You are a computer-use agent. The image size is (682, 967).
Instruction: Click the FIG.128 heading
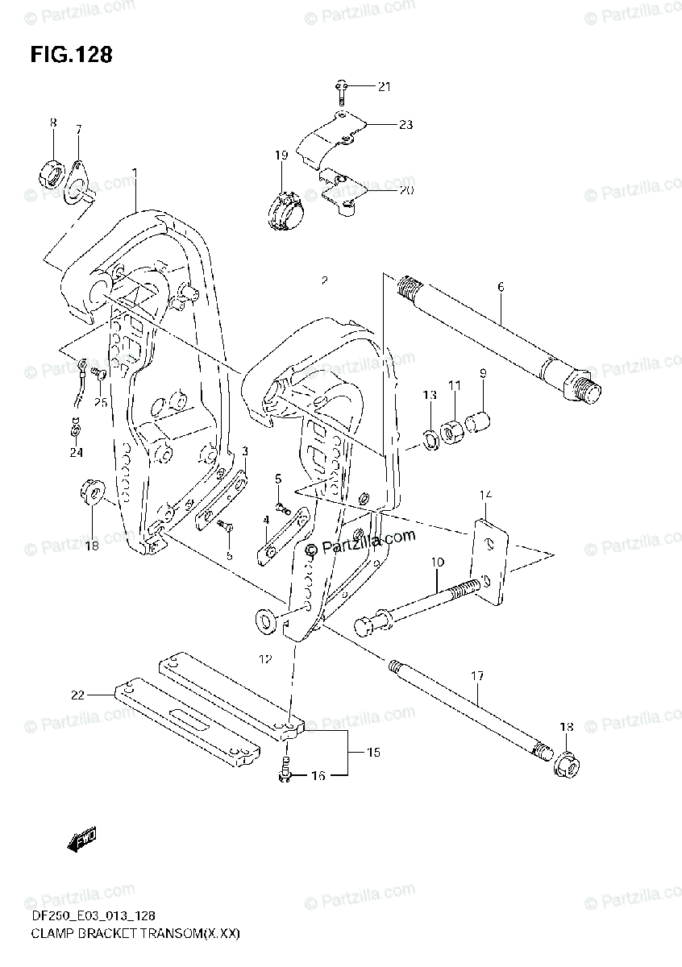[71, 55]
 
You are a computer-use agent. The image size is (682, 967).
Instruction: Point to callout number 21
[384, 86]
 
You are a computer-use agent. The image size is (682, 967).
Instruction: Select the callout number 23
[405, 124]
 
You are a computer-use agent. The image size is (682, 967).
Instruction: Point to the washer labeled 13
[429, 438]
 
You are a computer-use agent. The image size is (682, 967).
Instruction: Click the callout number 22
[77, 695]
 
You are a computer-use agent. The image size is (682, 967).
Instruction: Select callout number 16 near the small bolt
[318, 776]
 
